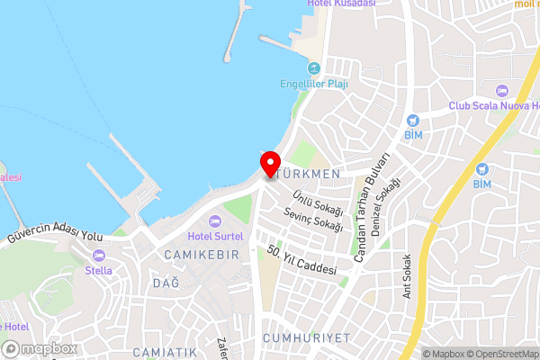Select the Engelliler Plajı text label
(314, 84)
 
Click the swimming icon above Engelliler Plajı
(314, 68)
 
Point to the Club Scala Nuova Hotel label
(492, 105)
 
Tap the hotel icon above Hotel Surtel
(215, 221)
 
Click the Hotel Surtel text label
(215, 236)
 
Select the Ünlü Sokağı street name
(315, 201)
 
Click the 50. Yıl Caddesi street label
(302, 261)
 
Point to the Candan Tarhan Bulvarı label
(372, 208)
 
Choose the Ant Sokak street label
(407, 281)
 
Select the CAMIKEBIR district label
(202, 255)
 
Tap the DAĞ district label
(166, 283)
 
